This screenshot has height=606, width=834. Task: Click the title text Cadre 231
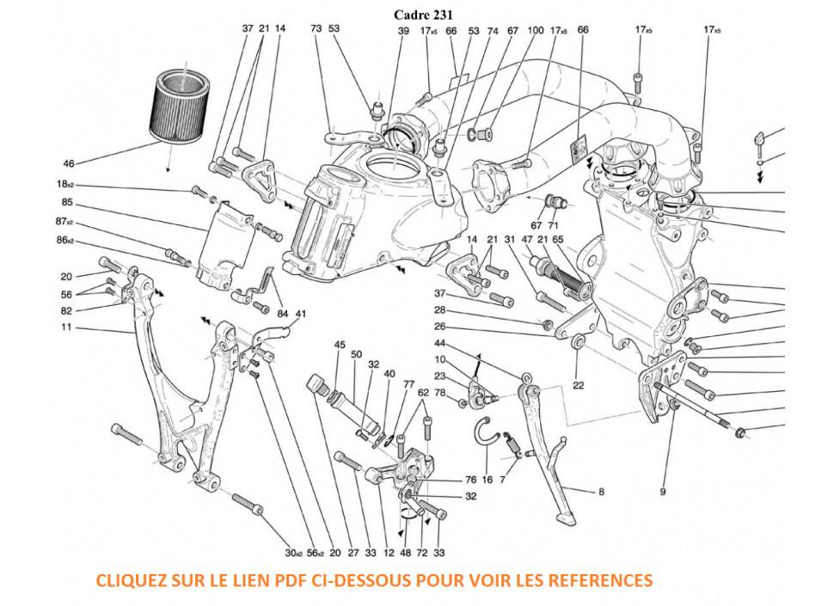[423, 14]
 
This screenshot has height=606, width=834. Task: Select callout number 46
[69, 162]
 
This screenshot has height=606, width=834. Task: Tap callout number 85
[68, 204]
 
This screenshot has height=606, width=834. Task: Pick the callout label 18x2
[65, 185]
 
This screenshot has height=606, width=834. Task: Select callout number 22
[578, 385]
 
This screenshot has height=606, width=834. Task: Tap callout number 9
[663, 492]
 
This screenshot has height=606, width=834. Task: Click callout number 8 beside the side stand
[602, 492]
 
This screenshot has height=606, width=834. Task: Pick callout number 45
[340, 346]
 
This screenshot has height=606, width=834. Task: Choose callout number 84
[281, 314]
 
